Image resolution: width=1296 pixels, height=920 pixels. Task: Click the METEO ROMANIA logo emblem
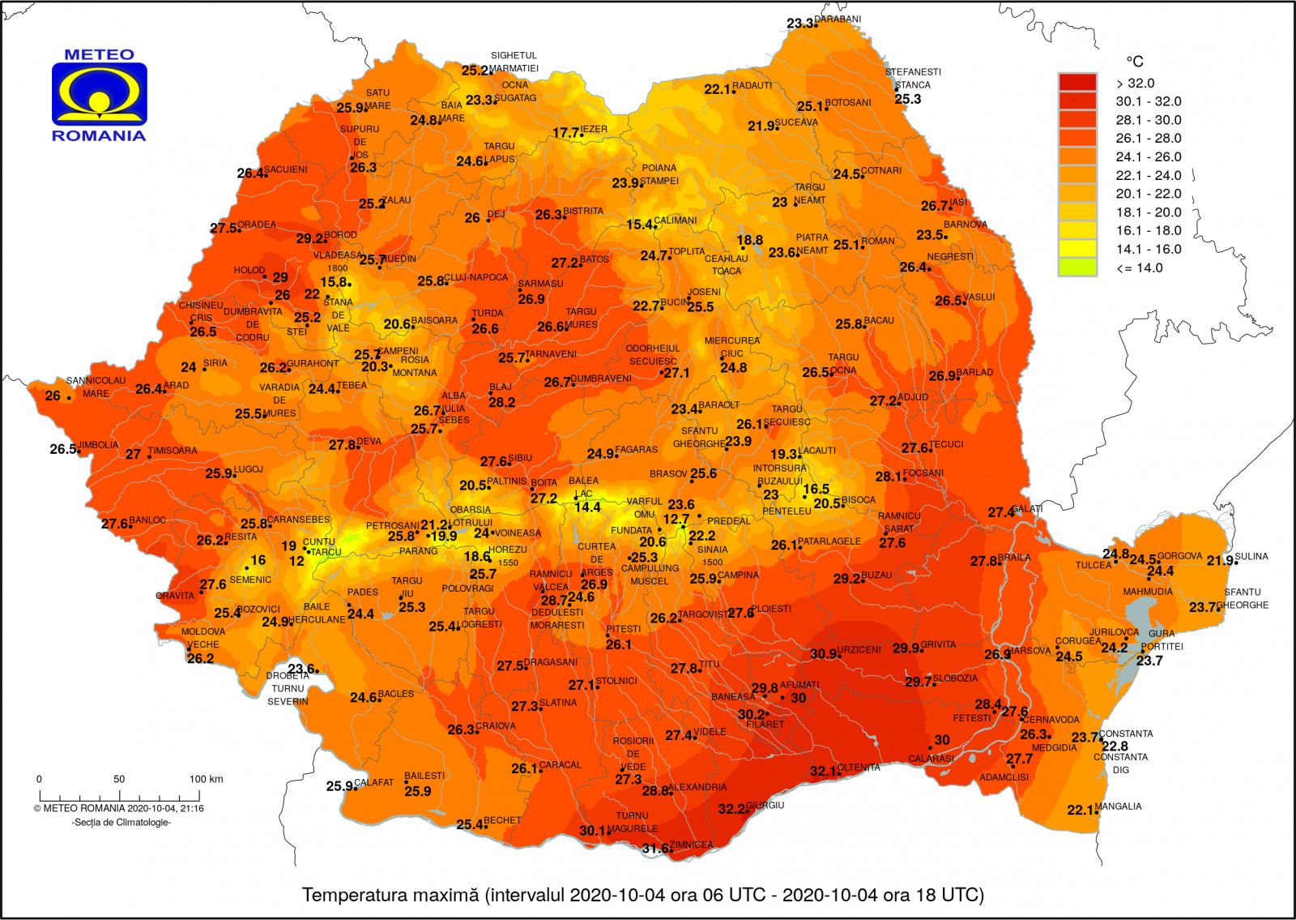click(99, 94)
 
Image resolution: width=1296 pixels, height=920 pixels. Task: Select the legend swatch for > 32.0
click(1077, 83)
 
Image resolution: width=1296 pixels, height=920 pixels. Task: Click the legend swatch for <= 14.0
click(1077, 268)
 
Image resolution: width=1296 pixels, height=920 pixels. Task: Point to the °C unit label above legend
click(1135, 62)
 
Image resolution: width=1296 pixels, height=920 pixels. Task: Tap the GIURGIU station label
click(765, 806)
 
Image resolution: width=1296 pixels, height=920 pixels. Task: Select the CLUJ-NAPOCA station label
click(476, 277)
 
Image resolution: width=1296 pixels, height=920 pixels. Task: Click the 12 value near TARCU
click(296, 561)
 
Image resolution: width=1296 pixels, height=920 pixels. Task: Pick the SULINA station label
click(1252, 556)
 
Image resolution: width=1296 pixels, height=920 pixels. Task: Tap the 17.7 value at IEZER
click(566, 133)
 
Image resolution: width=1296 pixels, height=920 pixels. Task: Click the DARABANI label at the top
click(838, 19)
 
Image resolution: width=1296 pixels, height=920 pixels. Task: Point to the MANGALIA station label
click(1119, 807)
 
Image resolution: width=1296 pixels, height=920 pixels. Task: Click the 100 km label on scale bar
click(207, 779)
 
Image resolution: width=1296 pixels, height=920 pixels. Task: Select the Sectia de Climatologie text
click(122, 823)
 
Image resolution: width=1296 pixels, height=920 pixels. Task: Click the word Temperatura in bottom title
click(350, 895)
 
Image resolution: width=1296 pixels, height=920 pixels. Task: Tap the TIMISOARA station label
click(173, 451)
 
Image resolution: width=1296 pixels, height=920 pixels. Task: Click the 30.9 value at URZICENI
click(823, 654)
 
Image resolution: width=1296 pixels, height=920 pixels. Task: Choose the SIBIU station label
click(520, 458)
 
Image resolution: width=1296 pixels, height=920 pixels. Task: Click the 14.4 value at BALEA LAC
click(587, 507)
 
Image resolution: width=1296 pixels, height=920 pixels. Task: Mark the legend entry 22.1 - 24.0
click(1148, 175)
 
